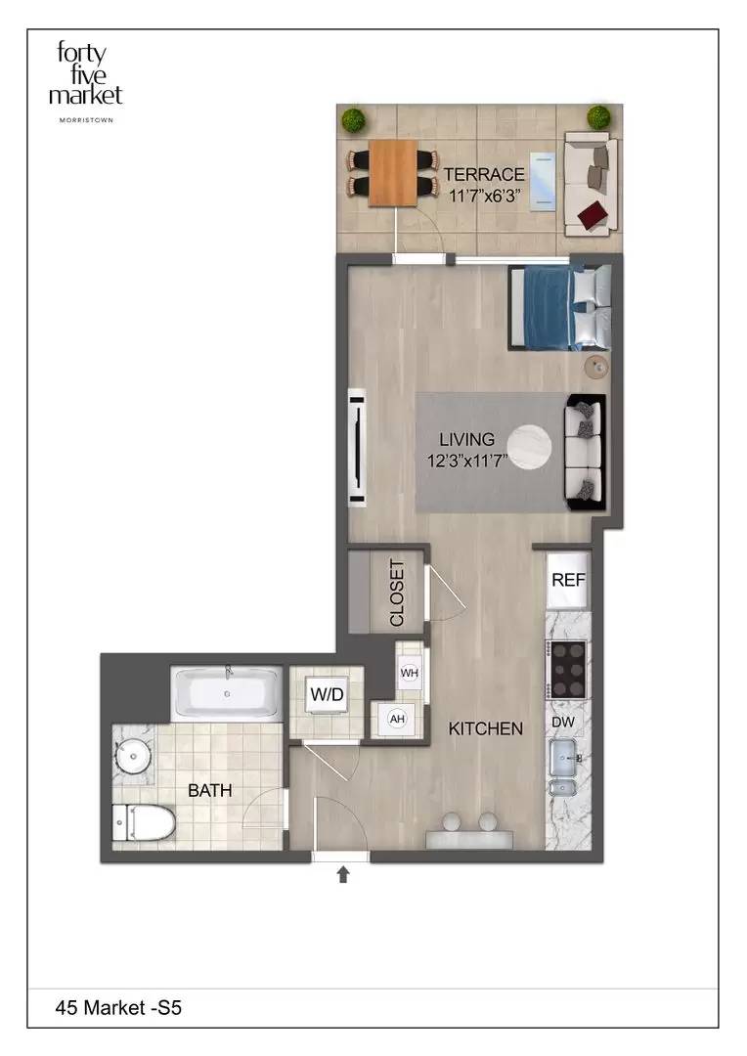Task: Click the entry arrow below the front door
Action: tap(343, 874)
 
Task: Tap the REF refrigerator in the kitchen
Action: tap(568, 580)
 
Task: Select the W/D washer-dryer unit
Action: tap(328, 694)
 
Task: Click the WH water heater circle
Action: tap(410, 673)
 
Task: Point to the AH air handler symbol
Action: tap(397, 719)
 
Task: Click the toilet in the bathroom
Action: tap(143, 822)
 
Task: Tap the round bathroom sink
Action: tap(134, 756)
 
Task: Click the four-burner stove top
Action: tap(566, 670)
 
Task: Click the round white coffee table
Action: tap(529, 447)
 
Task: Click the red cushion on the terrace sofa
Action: tap(593, 215)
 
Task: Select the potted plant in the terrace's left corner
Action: tap(352, 120)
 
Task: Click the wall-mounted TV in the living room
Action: tap(357, 447)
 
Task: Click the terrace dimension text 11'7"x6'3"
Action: tap(484, 196)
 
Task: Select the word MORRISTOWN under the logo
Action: tap(86, 120)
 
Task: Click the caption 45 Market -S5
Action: tap(118, 1007)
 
